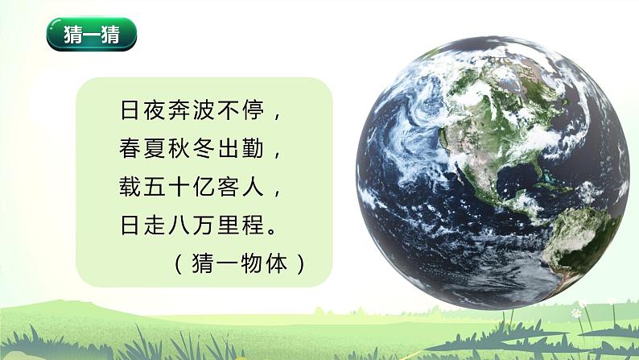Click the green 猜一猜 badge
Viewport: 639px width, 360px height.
point(91,36)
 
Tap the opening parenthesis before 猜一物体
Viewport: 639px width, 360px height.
point(179,263)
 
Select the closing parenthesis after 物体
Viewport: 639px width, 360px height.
point(301,263)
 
